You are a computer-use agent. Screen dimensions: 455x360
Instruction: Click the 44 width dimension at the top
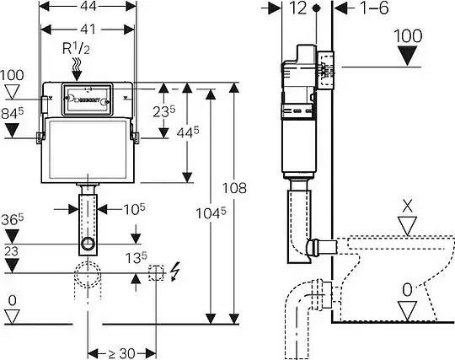(x=88, y=6)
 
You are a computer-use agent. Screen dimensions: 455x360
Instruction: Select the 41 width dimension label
(x=88, y=29)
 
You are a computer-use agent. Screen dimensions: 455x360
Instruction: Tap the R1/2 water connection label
(x=76, y=49)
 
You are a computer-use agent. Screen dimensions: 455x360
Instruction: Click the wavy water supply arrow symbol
(x=77, y=69)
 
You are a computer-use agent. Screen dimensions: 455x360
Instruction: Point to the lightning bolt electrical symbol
(x=175, y=271)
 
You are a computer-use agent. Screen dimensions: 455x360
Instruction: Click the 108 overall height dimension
(x=234, y=188)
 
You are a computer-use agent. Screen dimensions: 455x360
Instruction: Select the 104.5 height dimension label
(x=211, y=213)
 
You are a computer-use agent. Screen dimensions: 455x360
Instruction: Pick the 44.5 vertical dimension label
(x=188, y=132)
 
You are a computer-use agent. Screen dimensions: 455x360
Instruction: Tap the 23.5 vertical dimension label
(x=164, y=111)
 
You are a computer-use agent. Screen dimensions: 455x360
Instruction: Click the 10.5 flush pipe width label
(x=134, y=209)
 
